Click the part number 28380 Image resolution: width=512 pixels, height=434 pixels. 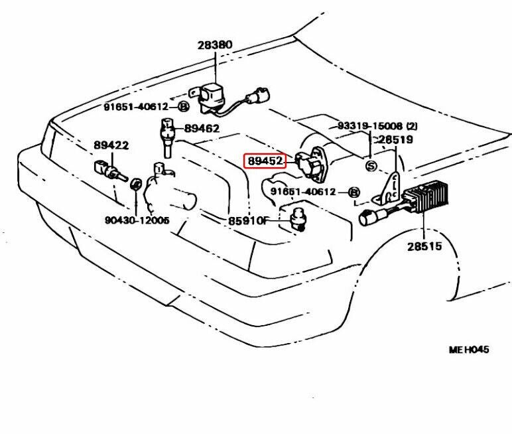[x=215, y=45]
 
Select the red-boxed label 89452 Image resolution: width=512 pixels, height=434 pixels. [x=265, y=161]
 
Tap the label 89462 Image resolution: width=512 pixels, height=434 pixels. [x=202, y=129]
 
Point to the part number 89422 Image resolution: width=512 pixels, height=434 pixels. [x=111, y=145]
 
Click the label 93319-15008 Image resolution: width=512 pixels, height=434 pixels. [x=370, y=126]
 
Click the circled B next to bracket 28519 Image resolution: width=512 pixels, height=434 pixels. [x=354, y=192]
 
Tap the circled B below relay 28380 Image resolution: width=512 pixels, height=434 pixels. [x=184, y=107]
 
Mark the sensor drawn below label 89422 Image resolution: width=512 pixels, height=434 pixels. [x=108, y=171]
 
